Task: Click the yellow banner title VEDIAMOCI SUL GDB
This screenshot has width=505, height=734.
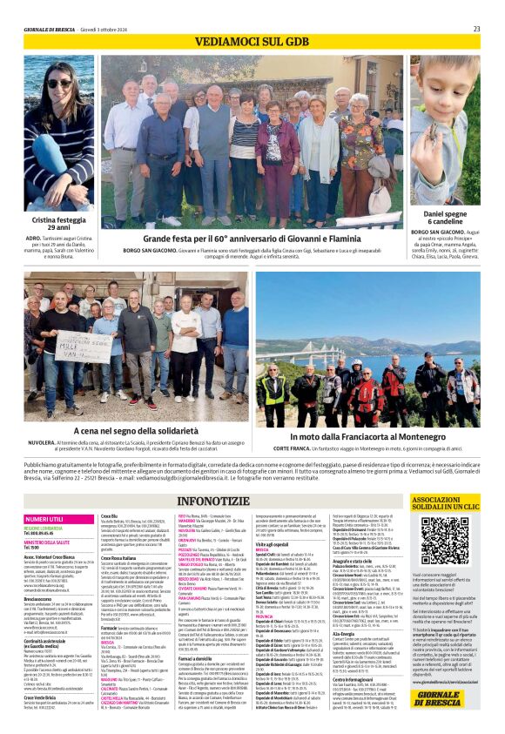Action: [252, 42]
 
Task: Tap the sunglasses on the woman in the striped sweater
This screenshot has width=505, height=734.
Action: [59, 84]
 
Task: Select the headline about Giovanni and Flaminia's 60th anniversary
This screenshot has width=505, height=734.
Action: [251, 238]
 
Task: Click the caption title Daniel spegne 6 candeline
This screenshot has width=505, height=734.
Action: [444, 218]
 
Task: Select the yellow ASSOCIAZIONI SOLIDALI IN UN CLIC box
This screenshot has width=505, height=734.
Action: [444, 503]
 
